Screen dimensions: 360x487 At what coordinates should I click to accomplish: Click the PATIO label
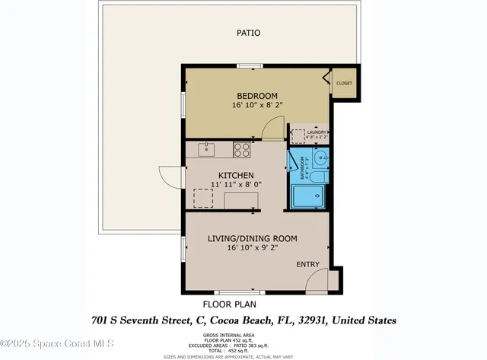[x=248, y=33]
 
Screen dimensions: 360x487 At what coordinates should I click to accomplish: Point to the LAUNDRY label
[x=317, y=132]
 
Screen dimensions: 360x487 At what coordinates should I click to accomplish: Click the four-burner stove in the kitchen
[x=243, y=150]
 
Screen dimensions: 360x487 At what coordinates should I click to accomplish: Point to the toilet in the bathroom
[x=320, y=177]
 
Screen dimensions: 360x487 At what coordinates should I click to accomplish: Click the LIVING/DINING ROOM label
[x=253, y=238]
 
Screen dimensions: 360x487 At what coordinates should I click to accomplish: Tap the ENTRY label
[x=308, y=264]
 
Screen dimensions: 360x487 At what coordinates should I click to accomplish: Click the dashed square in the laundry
[x=298, y=135]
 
